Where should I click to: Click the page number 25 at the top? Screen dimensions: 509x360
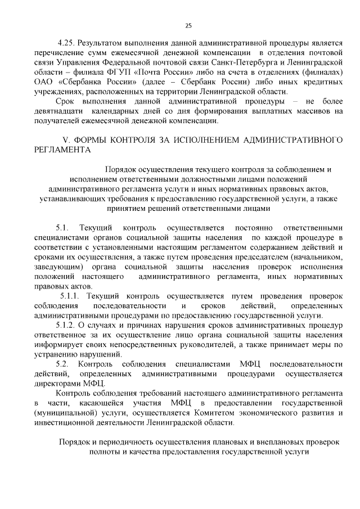tap(188, 25)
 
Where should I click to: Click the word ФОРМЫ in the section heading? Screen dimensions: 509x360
tap(90, 138)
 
